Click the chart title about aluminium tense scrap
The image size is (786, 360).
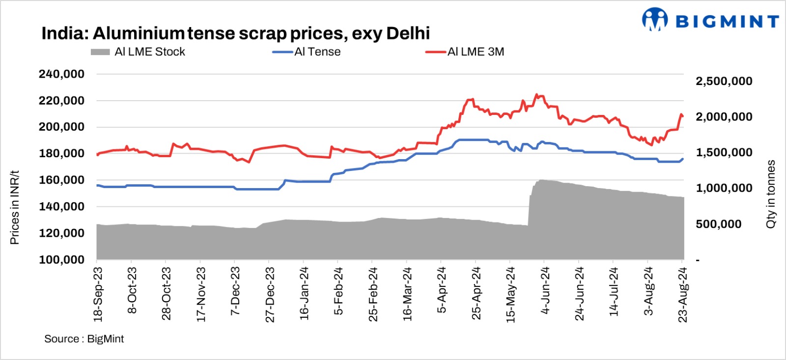(235, 33)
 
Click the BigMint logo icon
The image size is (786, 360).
(655, 20)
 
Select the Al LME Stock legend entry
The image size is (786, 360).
(138, 52)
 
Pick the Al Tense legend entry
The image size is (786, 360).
(307, 52)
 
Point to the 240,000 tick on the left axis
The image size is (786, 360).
(61, 74)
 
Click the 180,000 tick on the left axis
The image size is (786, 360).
(61, 153)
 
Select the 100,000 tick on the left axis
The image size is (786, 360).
(61, 259)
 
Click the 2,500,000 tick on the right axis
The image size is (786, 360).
(724, 81)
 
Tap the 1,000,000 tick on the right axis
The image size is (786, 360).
(724, 188)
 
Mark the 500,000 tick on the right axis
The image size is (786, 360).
(718, 224)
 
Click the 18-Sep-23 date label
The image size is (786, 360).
(98, 294)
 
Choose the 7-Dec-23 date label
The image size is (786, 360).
(235, 291)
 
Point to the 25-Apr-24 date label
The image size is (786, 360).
(476, 293)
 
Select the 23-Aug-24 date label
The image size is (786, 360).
(682, 294)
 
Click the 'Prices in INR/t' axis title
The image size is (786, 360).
(15, 207)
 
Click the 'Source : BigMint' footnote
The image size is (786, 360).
(84, 339)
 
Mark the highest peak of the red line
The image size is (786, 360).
(536, 94)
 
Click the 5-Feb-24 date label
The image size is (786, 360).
(338, 291)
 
